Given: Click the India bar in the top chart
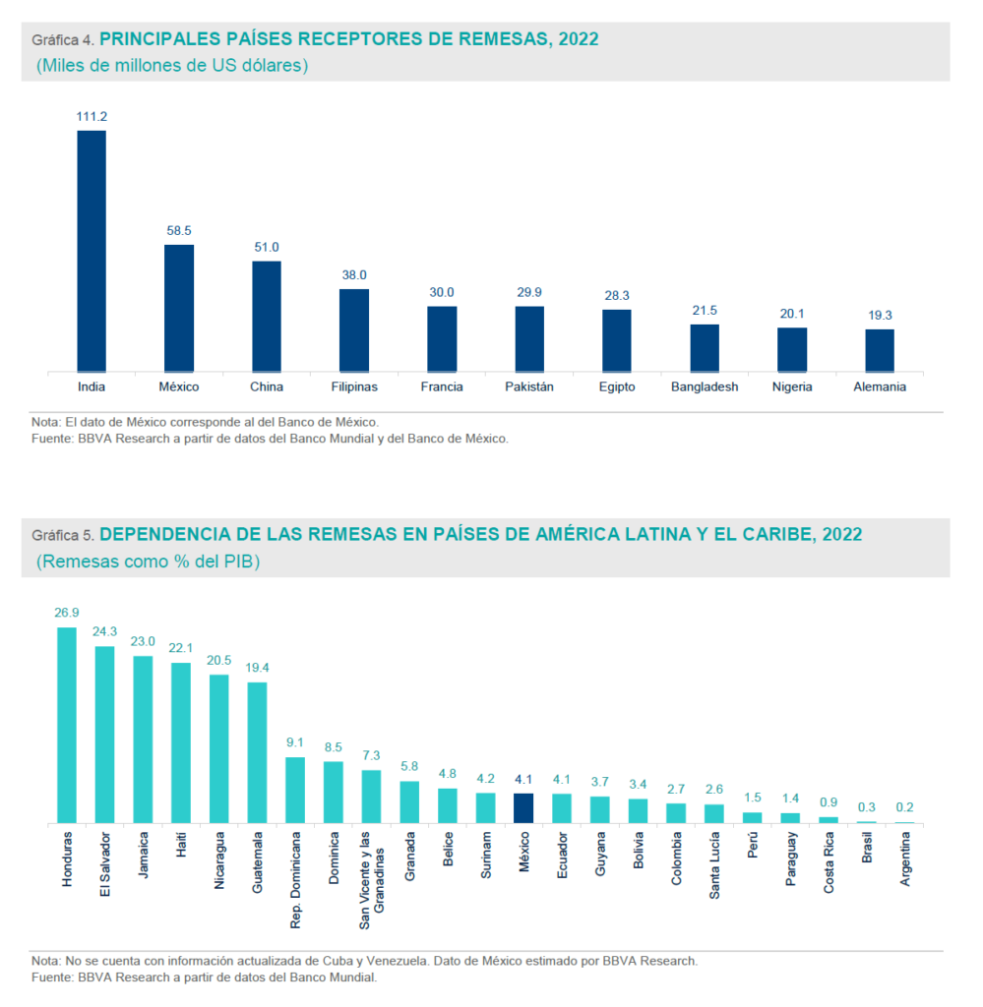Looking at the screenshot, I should click(92, 251).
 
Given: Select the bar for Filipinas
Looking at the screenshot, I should click(354, 330).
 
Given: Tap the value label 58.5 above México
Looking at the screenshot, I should click(178, 230).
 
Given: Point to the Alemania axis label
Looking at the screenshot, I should click(880, 387).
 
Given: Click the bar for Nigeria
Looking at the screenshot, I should click(792, 349).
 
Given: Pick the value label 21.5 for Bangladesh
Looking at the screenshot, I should click(705, 310).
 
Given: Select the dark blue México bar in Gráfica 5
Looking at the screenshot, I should click(523, 807).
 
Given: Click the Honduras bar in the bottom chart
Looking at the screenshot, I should click(67, 725).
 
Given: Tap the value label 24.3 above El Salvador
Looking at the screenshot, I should click(104, 631).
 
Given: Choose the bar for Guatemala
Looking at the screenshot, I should click(257, 752).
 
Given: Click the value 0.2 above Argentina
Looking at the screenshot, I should click(904, 807).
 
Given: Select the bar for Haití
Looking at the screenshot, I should click(181, 742).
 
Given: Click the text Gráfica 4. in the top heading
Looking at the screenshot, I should click(63, 40).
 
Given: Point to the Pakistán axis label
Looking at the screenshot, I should click(529, 387).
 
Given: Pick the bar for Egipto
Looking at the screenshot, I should click(617, 340).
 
